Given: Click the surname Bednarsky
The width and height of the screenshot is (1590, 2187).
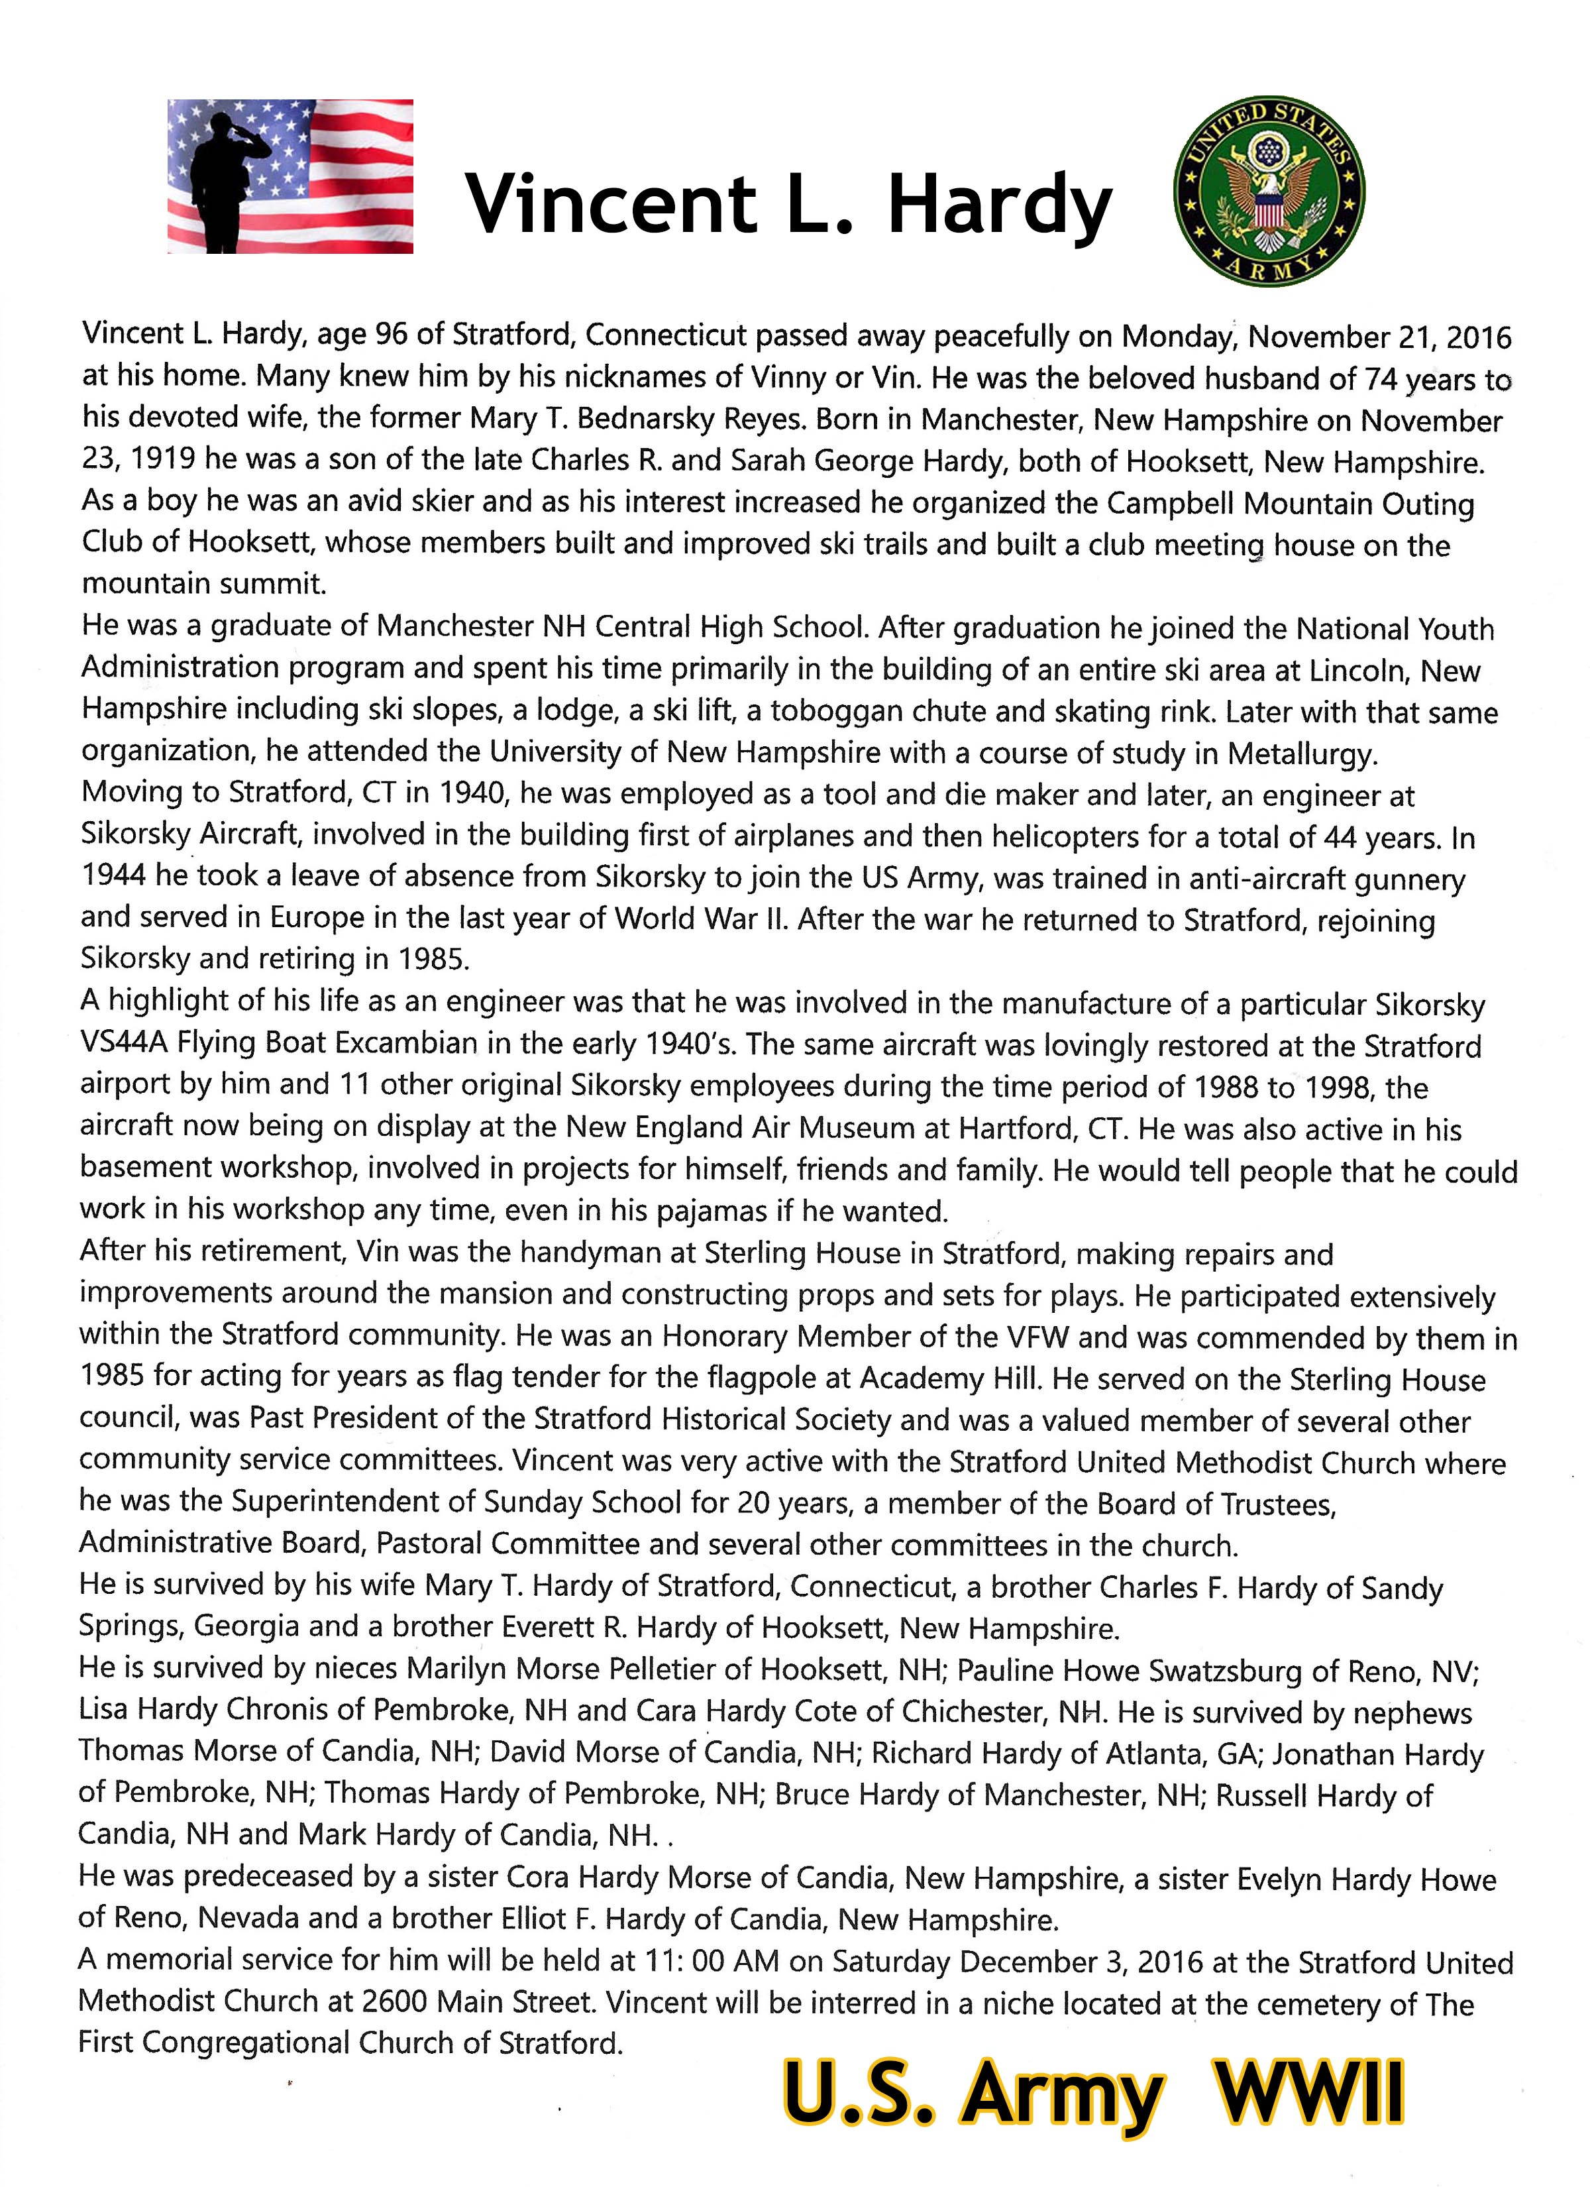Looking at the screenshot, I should pyautogui.click(x=635, y=420).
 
